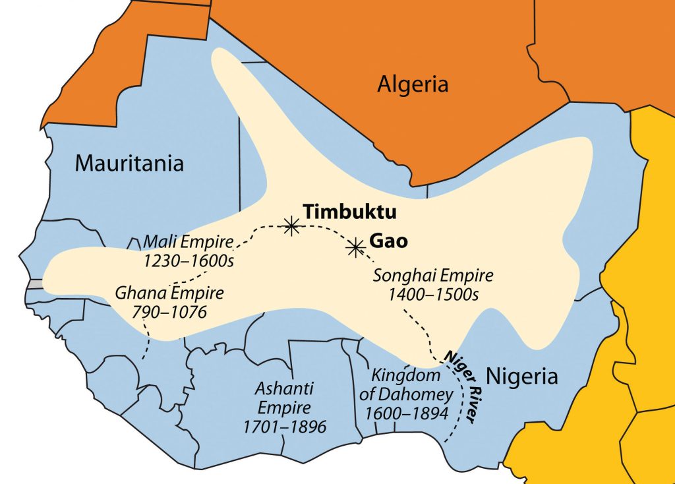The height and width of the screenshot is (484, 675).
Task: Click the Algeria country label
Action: tap(413, 84)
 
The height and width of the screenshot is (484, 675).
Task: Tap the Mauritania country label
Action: tap(129, 162)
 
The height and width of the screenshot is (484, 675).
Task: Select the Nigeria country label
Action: tap(521, 377)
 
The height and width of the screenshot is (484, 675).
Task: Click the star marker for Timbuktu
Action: tap(290, 226)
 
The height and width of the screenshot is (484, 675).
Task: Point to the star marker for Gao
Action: tap(356, 247)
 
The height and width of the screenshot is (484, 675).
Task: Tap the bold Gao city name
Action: tap(390, 241)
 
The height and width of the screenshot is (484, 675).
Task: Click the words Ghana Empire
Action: tap(169, 292)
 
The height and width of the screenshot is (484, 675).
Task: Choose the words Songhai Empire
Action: tap(433, 275)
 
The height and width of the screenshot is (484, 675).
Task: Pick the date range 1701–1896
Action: tap(285, 427)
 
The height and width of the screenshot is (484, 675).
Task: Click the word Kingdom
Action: tap(396, 376)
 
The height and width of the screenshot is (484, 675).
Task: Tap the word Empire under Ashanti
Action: tap(285, 408)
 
